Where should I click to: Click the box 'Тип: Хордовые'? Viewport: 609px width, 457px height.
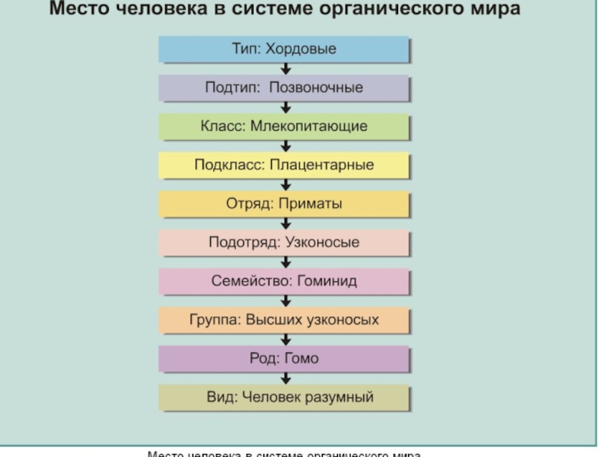[284, 50]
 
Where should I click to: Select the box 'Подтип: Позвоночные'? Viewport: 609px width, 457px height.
[284, 88]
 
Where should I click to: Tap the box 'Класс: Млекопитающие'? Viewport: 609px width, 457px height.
[284, 126]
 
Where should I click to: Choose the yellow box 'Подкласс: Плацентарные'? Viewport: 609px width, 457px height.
[284, 165]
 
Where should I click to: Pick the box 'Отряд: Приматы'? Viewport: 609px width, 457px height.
[284, 204]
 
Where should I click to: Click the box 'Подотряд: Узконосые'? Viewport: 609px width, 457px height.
[284, 243]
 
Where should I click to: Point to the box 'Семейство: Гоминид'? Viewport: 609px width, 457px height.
[284, 282]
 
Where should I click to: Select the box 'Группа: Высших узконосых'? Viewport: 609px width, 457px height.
[284, 320]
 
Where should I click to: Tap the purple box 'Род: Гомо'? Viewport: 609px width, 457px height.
[284, 359]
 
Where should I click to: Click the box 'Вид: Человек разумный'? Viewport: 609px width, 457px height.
[284, 398]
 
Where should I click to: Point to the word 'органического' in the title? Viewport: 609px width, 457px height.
[402, 10]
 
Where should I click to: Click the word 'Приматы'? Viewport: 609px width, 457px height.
[311, 204]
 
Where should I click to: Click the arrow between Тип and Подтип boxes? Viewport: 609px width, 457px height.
[285, 69]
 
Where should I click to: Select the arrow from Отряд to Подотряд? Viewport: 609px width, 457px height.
[285, 224]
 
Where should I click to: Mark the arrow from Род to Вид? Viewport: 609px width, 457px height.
[285, 379]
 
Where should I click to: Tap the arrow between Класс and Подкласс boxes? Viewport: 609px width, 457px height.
[285, 146]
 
